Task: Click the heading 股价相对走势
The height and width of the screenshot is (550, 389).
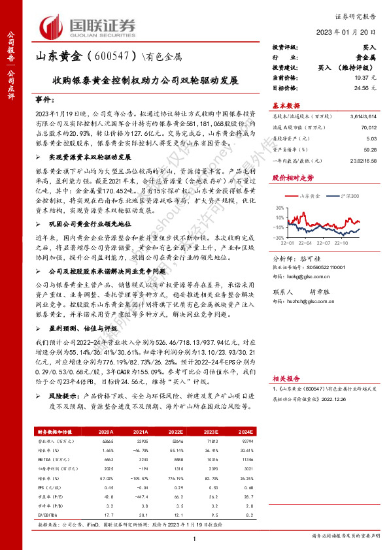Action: pos(288,177)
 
